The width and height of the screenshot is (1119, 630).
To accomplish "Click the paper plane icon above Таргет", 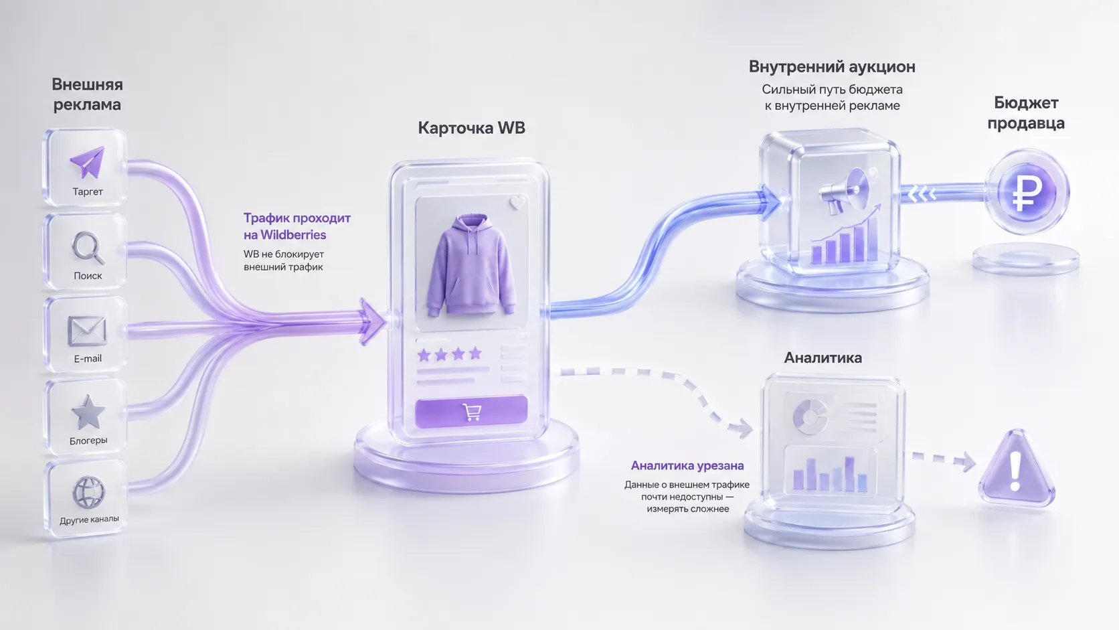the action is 88,161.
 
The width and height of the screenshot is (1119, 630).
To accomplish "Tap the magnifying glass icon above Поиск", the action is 88,248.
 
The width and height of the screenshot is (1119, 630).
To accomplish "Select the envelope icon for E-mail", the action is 87,331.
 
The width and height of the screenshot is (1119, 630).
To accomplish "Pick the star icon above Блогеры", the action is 88,412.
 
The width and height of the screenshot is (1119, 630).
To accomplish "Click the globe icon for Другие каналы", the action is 88,491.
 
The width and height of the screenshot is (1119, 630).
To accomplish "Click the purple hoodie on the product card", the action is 470,265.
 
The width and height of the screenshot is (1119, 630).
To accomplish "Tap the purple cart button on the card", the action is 471,412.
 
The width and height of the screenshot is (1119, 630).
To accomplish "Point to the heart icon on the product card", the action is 517,202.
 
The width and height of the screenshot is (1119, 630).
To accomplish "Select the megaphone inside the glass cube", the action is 844,191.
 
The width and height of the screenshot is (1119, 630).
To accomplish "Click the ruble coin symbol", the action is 1027,193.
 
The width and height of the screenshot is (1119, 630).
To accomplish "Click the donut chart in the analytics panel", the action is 809,416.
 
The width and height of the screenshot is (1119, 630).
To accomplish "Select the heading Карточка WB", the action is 472,128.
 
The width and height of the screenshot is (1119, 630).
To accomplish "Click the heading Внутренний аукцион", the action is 832,67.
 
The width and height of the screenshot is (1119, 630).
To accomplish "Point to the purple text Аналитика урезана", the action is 687,465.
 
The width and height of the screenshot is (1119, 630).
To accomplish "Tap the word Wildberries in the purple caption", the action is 293,235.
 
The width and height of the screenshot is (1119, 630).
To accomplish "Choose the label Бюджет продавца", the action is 1026,113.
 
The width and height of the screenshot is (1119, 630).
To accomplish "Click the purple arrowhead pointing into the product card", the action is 372,322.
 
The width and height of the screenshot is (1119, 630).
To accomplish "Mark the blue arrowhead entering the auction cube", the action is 770,202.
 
